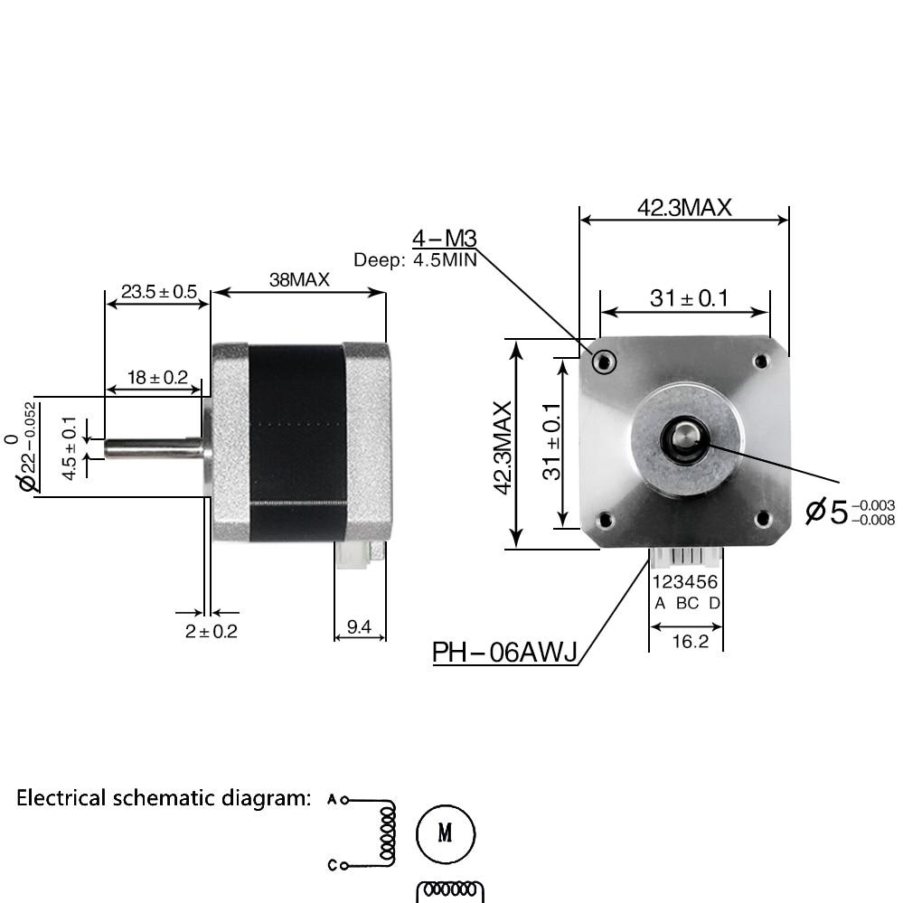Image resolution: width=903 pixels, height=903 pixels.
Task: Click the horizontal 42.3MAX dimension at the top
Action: click(x=684, y=207)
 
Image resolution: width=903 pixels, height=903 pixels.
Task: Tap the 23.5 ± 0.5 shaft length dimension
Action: click(x=158, y=291)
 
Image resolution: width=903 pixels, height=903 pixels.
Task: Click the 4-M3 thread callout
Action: click(x=444, y=239)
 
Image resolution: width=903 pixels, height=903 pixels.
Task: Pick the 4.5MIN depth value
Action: click(x=445, y=260)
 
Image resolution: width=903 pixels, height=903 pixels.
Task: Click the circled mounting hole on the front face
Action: click(x=604, y=362)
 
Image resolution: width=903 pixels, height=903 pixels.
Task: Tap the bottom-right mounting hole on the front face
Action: click(x=762, y=519)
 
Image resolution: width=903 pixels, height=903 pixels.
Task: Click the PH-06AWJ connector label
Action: click(x=504, y=652)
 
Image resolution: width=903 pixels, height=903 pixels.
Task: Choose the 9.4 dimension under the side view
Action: click(x=360, y=626)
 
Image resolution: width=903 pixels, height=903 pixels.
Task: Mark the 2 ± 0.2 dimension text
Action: click(x=211, y=631)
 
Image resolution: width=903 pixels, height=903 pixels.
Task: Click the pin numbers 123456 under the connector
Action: click(x=685, y=582)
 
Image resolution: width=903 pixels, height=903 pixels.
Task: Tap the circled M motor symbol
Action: click(x=445, y=832)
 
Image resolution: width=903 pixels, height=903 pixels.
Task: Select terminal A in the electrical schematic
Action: click(x=332, y=799)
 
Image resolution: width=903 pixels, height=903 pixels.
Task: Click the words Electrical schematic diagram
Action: click(x=164, y=798)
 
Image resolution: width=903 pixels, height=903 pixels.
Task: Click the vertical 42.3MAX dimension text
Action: click(x=503, y=447)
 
